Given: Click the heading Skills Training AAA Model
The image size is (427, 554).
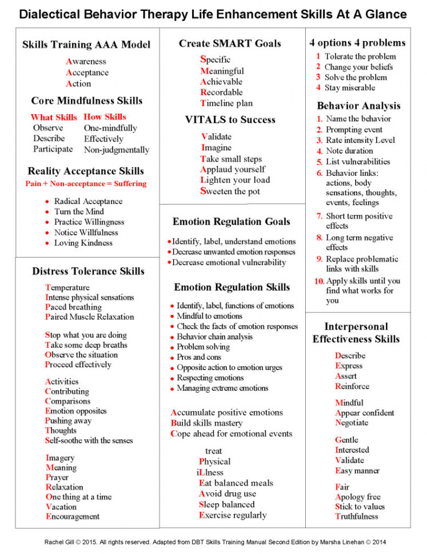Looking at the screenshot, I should (86, 45).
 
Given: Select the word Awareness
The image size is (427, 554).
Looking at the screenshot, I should (86, 61).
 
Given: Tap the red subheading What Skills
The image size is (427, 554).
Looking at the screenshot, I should (54, 117).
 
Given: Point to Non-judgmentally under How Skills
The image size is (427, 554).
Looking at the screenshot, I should (117, 150).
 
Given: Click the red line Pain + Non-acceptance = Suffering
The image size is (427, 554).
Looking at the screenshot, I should (86, 184).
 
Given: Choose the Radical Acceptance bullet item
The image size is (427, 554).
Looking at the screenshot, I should (88, 201).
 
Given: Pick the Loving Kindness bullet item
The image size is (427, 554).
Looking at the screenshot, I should (83, 243).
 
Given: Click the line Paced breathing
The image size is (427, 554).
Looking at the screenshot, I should (73, 307).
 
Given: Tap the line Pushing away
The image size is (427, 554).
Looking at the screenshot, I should (68, 421).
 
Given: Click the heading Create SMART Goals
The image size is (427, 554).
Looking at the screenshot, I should (230, 43).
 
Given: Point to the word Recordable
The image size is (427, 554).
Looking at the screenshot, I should (221, 92).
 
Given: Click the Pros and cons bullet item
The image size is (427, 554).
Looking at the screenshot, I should (199, 357).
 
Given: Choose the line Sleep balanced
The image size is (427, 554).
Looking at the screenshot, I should (226, 504).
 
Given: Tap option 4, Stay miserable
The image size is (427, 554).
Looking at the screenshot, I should (350, 87).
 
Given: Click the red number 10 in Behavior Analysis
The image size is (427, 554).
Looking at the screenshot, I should (319, 282).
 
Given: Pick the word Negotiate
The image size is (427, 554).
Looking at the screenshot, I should (352, 423).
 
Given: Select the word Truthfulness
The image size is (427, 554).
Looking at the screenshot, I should (357, 516).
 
